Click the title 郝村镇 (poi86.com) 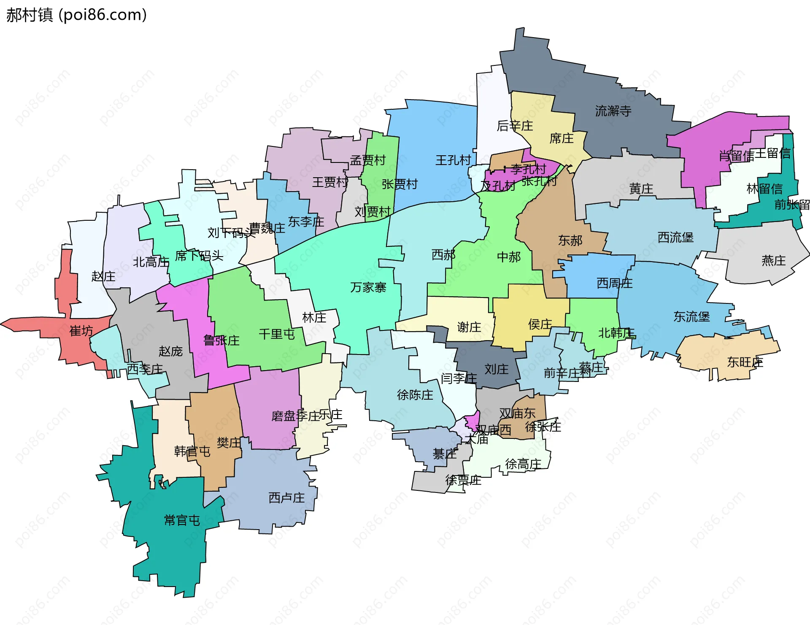pyautogui.click(x=76, y=15)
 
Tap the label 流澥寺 pyautogui.click(x=613, y=111)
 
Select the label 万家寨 pyautogui.click(x=368, y=287)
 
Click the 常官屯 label pyautogui.click(x=182, y=520)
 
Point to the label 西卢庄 pyautogui.click(x=286, y=498)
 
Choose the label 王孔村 pyautogui.click(x=453, y=160)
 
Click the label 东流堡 pyautogui.click(x=691, y=317)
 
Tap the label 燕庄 pyautogui.click(x=773, y=260)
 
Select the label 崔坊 pyautogui.click(x=81, y=330)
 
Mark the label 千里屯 pyautogui.click(x=277, y=334)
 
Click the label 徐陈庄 pyautogui.click(x=415, y=395)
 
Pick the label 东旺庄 pyautogui.click(x=745, y=362)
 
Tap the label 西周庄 pyautogui.click(x=614, y=283)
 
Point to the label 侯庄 pyautogui.click(x=540, y=324)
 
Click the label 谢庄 pyautogui.click(x=469, y=327)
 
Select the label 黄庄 pyautogui.click(x=641, y=189)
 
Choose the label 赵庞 pyautogui.click(x=170, y=351)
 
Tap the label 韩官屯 pyautogui.click(x=192, y=451)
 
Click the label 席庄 pyautogui.click(x=561, y=138)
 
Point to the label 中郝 pyautogui.click(x=508, y=257)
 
